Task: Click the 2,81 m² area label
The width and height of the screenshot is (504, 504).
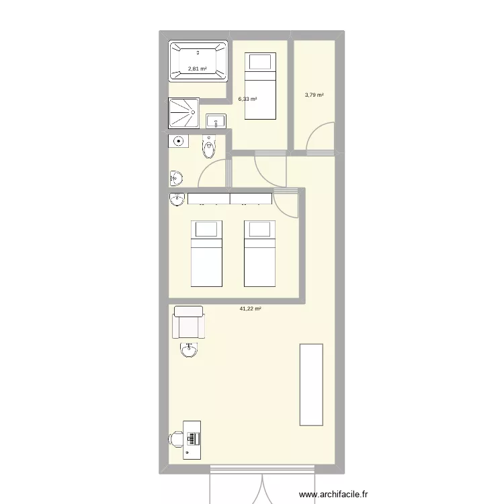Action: point(197,69)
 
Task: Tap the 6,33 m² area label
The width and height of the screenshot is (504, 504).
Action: point(247,99)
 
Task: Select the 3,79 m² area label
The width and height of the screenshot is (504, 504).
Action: point(314,95)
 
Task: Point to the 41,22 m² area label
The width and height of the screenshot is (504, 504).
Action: point(250,308)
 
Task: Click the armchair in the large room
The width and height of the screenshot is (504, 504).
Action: point(188,323)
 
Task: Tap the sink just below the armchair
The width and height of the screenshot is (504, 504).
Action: point(189,349)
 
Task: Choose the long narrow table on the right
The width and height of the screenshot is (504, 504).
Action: point(311,384)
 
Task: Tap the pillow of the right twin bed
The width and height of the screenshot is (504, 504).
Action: point(259,230)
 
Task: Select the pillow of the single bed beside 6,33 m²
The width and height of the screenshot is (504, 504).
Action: point(260,62)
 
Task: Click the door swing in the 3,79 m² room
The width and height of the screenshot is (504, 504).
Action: point(321,138)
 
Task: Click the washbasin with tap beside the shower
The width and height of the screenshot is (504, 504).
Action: point(216,121)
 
